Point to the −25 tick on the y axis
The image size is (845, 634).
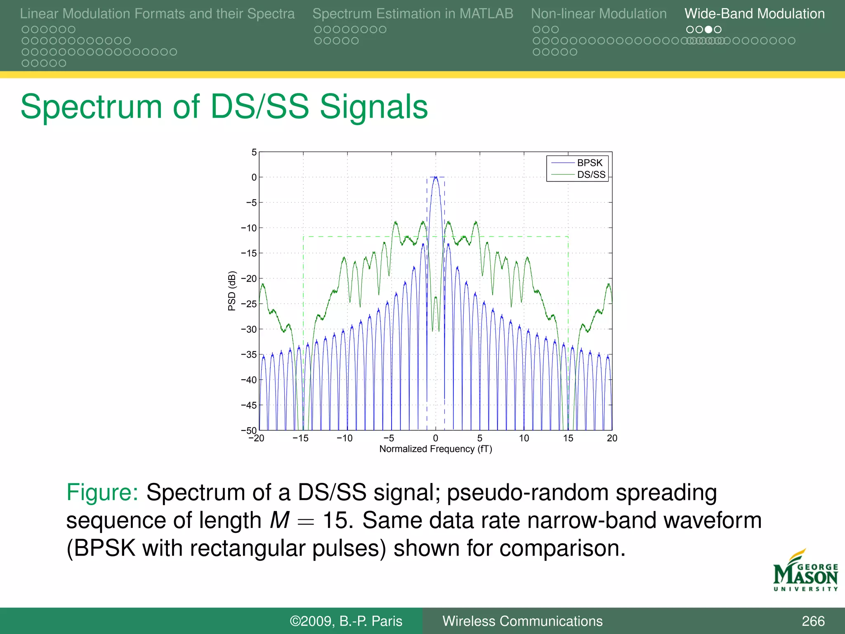coord(249,304)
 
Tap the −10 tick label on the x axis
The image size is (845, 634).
coord(345,438)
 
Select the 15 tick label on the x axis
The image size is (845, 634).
coord(568,438)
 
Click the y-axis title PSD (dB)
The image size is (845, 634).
coord(232,291)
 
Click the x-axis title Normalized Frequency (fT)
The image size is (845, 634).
coord(435,449)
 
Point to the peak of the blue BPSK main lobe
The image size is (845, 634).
coord(436,177)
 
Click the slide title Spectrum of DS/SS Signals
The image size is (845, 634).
coord(224,107)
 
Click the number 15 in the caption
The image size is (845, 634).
coord(337,520)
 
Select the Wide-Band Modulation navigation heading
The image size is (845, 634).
coord(754,14)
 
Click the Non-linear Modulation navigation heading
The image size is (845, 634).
coord(598,14)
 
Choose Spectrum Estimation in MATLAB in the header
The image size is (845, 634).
coord(413,14)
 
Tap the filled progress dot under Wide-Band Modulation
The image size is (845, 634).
coord(708,29)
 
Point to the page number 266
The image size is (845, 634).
coord(813,621)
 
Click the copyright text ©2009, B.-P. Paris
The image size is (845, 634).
coord(346,621)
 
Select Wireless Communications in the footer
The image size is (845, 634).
coord(522,621)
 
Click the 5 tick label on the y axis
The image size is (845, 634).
coord(254,152)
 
